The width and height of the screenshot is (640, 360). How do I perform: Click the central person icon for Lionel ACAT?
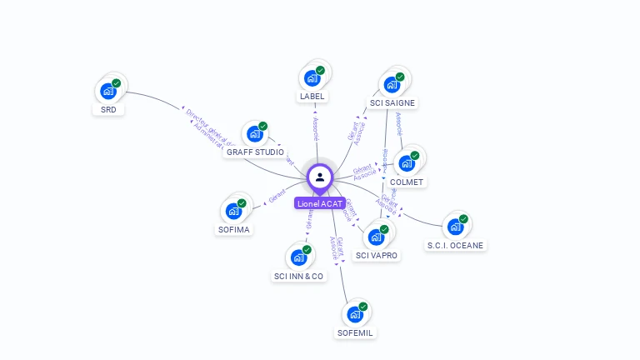coord(320,177)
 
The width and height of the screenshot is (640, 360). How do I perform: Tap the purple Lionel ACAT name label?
coord(320,203)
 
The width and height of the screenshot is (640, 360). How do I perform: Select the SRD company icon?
coord(108,91)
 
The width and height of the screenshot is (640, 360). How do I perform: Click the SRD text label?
coord(108,110)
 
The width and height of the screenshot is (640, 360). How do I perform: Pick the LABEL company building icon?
coord(312,77)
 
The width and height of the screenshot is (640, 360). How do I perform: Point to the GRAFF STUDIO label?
coord(255,152)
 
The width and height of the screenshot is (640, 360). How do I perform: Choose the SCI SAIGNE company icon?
coord(392,84)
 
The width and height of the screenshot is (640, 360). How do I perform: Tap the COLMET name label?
coord(407,182)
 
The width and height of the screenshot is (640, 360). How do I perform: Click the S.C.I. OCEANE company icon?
coord(455,226)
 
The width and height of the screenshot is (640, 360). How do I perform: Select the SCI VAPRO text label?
coord(377,255)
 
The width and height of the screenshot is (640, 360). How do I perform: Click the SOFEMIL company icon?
coord(355,314)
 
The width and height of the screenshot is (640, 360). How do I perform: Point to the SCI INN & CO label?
coord(298,276)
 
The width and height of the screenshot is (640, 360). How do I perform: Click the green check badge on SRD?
coord(117,83)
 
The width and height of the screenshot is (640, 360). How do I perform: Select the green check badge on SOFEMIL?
coord(363,307)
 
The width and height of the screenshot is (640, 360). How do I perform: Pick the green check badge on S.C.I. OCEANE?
coord(463,218)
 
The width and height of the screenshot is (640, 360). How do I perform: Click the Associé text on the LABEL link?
coord(315,128)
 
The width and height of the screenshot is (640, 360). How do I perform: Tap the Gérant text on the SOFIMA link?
coord(277,196)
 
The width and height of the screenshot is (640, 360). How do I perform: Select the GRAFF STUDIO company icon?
coord(254,134)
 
